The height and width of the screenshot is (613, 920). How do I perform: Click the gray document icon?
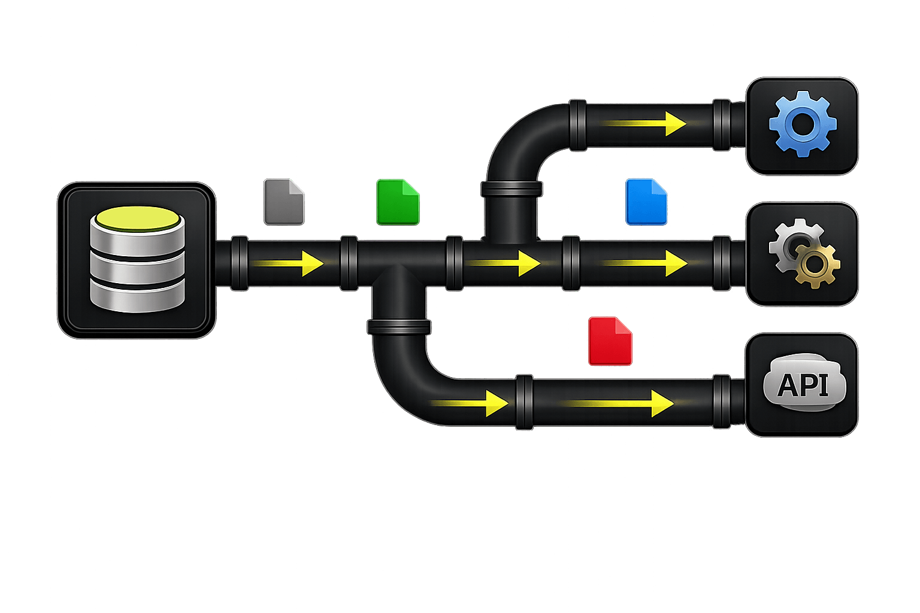pos(284,202)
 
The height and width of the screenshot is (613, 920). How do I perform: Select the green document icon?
pos(398,202)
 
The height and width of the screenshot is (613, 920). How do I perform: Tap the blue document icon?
pos(646,202)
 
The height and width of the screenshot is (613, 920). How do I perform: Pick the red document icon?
pos(610,341)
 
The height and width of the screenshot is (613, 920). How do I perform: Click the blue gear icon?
pos(802,125)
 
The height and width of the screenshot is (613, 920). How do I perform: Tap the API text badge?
pos(803,384)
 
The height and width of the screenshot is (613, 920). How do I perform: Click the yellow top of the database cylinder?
pos(137,219)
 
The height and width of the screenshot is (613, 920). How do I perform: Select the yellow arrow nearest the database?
pos(287,263)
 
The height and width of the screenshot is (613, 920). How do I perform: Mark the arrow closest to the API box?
pos(617,403)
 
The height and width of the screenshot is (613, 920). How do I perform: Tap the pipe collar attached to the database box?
pos(239,263)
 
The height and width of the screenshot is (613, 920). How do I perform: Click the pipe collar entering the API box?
pos(722,402)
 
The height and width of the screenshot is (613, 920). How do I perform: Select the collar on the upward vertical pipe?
pos(511,190)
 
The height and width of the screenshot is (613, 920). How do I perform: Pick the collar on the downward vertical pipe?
pos(399,327)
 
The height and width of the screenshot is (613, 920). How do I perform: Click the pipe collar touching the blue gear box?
pos(722,125)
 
